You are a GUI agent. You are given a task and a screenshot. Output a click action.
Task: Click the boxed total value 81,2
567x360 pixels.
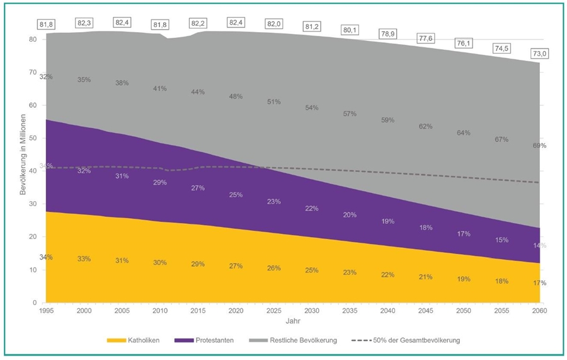[x=312, y=27]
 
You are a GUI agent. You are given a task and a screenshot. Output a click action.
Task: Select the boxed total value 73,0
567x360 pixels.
[x=539, y=54]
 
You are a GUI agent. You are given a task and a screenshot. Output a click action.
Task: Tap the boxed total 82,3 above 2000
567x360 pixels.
[x=84, y=23]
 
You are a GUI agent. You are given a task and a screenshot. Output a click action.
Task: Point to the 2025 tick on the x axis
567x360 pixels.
[x=273, y=311]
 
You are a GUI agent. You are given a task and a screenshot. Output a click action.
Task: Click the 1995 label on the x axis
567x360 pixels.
[x=46, y=311]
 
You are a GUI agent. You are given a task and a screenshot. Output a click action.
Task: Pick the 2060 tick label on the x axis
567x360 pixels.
[x=539, y=311]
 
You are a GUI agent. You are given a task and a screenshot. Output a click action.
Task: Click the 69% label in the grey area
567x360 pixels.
[x=539, y=146]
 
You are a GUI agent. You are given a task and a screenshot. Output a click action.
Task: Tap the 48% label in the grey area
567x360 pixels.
[x=236, y=96]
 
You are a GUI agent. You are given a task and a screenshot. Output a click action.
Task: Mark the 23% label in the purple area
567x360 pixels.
[x=273, y=202]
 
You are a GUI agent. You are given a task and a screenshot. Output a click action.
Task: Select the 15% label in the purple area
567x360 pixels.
[x=501, y=240]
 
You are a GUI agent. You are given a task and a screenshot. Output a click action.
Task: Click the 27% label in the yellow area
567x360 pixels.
[x=236, y=266]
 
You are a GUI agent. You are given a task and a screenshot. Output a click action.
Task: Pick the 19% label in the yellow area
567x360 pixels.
[x=463, y=279]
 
